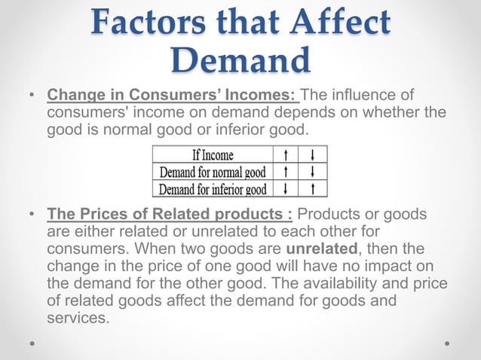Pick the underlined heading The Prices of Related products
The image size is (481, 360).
[x=170, y=215]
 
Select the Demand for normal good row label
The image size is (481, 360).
[x=212, y=172]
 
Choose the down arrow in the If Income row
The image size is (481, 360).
[x=312, y=155]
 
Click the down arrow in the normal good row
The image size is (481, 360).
[x=312, y=172]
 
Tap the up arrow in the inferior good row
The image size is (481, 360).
[x=312, y=188]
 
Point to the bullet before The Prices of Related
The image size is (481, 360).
[x=32, y=215]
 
